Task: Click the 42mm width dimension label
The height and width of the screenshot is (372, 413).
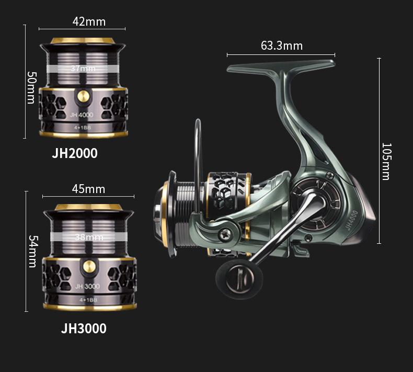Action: (89, 21)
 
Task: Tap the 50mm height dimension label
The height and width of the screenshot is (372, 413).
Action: (31, 87)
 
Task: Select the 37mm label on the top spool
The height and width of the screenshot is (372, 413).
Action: (83, 69)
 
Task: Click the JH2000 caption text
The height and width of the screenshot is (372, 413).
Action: (75, 153)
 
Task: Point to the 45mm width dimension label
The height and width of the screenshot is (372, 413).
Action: (88, 189)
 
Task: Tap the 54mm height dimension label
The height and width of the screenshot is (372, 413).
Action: (33, 251)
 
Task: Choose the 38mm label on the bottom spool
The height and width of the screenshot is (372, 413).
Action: (89, 238)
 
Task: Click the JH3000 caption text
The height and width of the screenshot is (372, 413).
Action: (84, 328)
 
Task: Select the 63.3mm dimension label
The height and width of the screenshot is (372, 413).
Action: (282, 46)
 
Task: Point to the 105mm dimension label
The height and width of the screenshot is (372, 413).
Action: (387, 161)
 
